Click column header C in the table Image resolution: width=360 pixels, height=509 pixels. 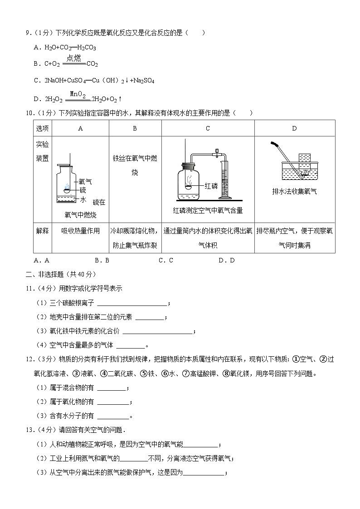[x=208, y=128]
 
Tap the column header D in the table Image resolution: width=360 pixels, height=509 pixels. [x=294, y=128]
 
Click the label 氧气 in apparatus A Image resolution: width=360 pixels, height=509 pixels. [x=85, y=181]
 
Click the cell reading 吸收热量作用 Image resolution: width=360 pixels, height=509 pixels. [x=80, y=231]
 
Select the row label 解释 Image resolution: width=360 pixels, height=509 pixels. [x=42, y=231]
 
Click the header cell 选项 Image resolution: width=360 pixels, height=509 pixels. [x=42, y=128]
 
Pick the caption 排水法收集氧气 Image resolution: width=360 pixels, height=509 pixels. [x=294, y=191]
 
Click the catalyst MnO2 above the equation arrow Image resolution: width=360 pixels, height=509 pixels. [x=78, y=94]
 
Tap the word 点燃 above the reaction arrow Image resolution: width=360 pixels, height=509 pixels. [x=73, y=58]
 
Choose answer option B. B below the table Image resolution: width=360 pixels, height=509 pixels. [x=102, y=260]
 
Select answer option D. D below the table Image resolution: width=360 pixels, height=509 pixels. [x=226, y=260]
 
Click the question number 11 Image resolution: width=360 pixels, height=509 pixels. [x=28, y=288]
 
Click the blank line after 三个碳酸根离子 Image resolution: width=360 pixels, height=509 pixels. [x=132, y=304]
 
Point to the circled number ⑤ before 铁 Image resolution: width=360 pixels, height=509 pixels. [x=144, y=374]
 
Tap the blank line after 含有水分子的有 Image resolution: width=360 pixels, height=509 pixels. [x=113, y=416]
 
